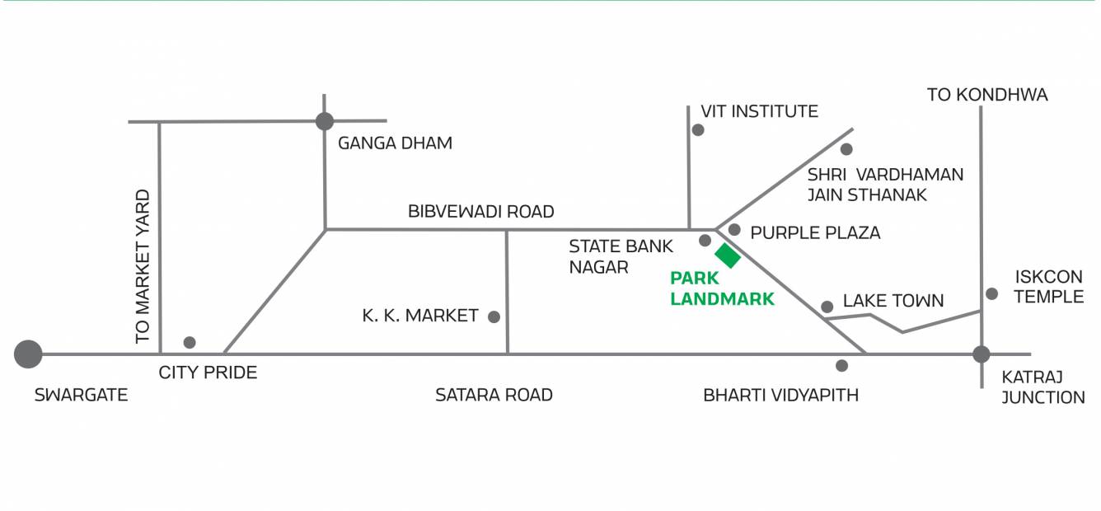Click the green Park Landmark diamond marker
click(x=728, y=255)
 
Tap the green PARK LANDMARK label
click(x=722, y=289)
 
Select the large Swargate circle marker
click(x=28, y=354)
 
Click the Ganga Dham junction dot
click(x=325, y=121)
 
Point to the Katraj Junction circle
click(x=981, y=354)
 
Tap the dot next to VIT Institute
click(x=698, y=129)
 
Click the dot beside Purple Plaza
click(x=734, y=230)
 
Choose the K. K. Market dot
click(x=494, y=316)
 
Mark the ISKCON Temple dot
click(x=992, y=293)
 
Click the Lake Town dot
click(x=827, y=307)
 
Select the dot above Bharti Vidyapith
click(x=841, y=365)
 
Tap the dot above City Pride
click(x=190, y=342)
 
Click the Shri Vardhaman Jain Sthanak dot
click(x=846, y=149)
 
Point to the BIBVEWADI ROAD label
click(x=481, y=212)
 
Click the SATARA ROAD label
click(x=494, y=396)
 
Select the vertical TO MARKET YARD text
click(x=143, y=266)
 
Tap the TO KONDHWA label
click(x=987, y=95)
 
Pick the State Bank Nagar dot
click(x=705, y=240)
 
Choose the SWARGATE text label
click(x=81, y=396)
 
